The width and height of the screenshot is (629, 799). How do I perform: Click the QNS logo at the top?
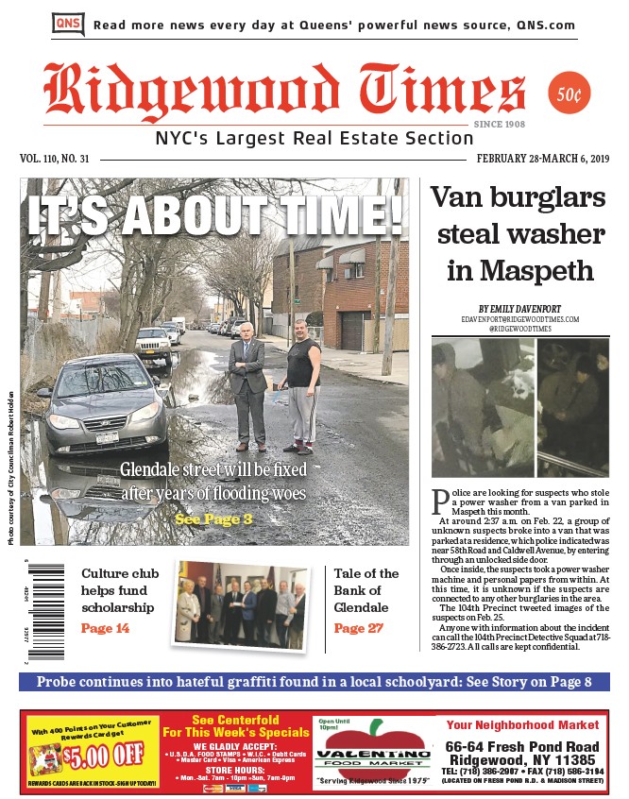pos(68,25)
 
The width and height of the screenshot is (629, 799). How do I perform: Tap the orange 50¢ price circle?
pos(569,93)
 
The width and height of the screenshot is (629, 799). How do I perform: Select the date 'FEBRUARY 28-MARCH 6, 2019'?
pos(542,159)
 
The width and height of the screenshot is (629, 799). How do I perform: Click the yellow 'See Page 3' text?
pos(213,518)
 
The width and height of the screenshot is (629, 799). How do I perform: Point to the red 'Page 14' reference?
pos(105,628)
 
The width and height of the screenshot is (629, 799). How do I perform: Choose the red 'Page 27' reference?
pos(358,628)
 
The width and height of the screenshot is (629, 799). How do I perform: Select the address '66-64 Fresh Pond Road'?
pos(522,746)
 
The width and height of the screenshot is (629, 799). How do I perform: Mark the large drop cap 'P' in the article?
pos(439,500)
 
